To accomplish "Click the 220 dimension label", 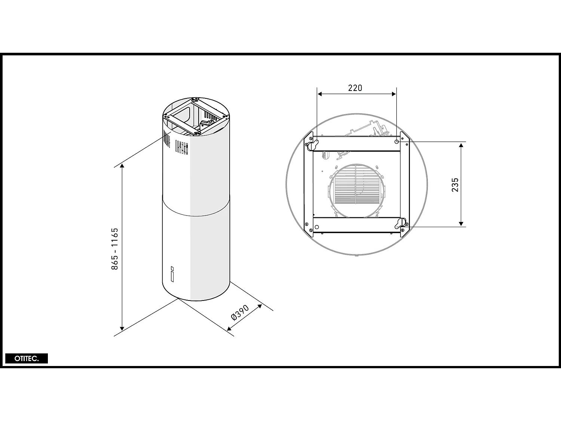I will pos(355,88).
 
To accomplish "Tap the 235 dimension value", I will pos(455,185).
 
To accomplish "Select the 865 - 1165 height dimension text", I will pos(115,248).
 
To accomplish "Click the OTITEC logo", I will pos(27,359).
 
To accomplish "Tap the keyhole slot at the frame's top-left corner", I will pos(312,144).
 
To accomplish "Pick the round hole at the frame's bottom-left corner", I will pos(317,227).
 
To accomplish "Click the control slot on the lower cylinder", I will pos(172,274).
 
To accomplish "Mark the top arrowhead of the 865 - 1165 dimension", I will pos(122,167).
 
